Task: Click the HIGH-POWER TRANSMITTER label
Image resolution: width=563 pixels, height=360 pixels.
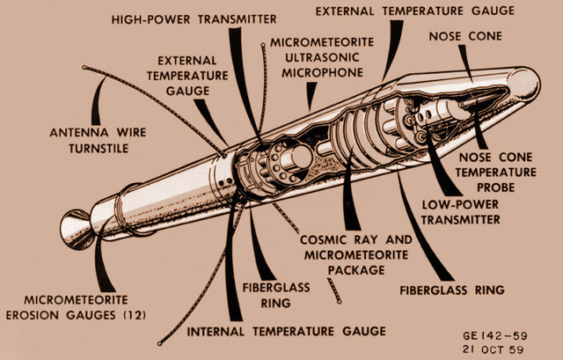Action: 194,18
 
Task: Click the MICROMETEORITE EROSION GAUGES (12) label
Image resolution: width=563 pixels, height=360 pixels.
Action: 86,308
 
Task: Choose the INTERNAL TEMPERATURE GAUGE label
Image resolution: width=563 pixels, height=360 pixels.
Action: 286,331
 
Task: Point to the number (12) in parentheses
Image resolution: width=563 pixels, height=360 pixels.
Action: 134,315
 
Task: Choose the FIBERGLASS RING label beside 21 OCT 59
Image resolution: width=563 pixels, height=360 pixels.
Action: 451,289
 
